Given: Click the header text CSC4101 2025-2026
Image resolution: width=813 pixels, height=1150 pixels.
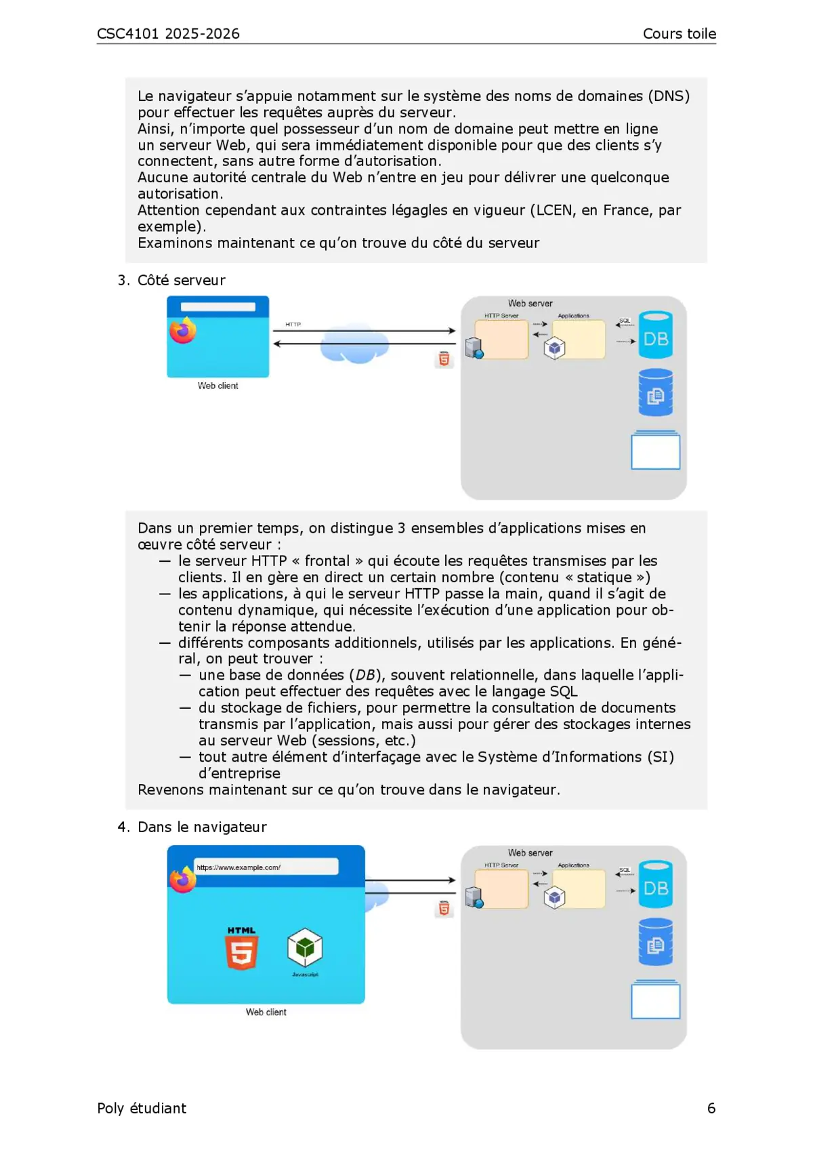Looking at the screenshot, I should click(168, 34).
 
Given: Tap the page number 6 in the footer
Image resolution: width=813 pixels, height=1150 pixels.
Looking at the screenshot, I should click(711, 1108).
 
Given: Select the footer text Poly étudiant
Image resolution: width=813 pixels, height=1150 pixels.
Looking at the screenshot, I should click(142, 1108).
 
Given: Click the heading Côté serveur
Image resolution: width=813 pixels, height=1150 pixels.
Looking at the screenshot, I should click(181, 281).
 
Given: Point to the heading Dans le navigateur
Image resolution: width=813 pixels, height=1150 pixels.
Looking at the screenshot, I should click(202, 827).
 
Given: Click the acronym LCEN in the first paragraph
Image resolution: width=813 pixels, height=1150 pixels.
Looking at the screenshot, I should click(554, 210).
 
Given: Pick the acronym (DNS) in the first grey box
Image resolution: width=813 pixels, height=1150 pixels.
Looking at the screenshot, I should click(669, 96).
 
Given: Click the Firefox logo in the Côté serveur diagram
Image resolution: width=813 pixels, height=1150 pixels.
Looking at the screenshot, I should click(182, 331).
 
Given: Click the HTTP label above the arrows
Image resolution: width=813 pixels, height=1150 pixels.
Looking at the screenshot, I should click(293, 325).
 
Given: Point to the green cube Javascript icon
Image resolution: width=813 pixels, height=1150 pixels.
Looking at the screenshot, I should click(305, 948).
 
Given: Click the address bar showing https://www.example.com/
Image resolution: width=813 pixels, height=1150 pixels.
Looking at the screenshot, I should click(266, 867).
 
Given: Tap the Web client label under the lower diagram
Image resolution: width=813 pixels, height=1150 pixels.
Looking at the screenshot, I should click(266, 1012).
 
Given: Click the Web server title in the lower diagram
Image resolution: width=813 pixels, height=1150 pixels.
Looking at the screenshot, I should click(530, 853).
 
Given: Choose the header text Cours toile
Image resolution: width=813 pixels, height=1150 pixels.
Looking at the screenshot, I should click(679, 34).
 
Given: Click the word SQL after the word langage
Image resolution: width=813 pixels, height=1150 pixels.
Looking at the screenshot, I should click(564, 691).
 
